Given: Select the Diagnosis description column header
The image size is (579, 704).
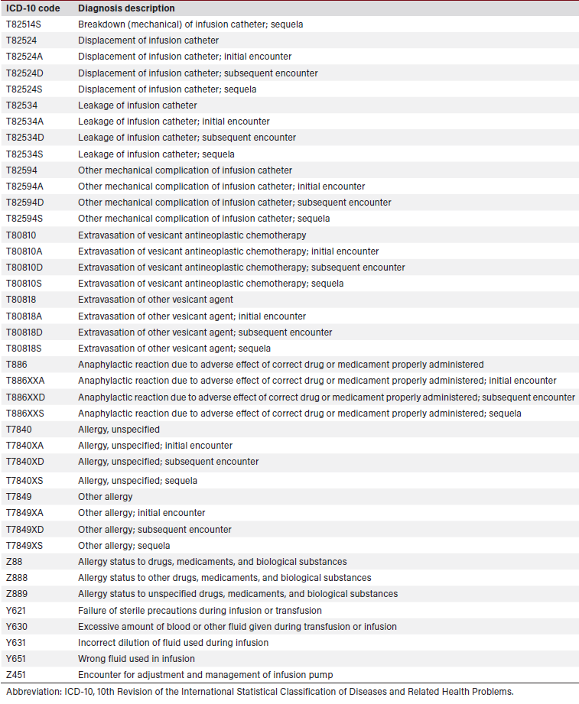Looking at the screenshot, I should [x=126, y=8].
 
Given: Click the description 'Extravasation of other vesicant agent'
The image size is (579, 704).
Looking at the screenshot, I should [x=155, y=300].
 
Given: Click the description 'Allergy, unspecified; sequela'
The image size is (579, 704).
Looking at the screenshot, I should [x=138, y=481].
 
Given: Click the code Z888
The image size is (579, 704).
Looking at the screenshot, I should [x=17, y=578].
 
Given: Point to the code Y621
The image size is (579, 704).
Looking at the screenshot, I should [x=17, y=611].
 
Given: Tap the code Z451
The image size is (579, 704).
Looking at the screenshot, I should [x=17, y=675].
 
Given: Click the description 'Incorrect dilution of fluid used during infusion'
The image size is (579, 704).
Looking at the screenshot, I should [x=173, y=643].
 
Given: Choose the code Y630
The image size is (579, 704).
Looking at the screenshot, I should [x=17, y=627].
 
